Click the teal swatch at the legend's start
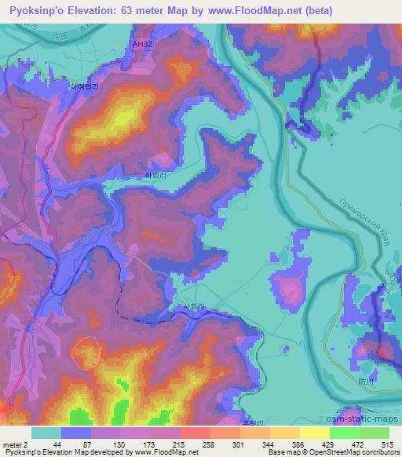coord(46,433)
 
